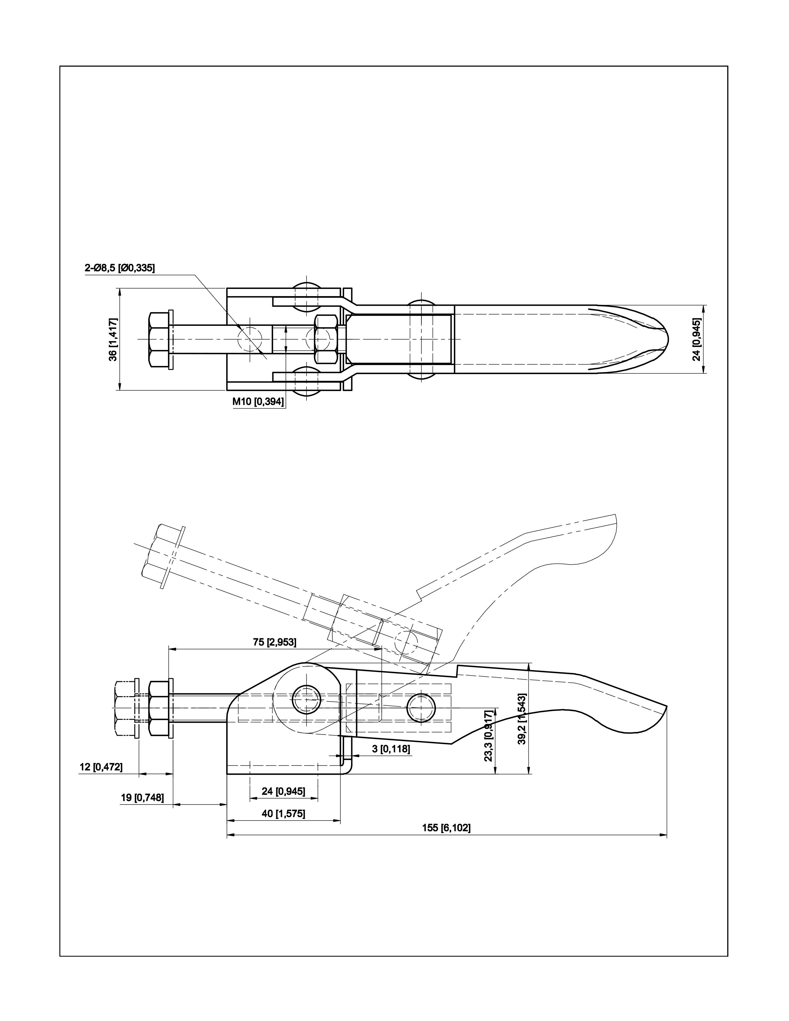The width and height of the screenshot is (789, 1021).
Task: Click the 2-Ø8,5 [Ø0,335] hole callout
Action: tap(120, 268)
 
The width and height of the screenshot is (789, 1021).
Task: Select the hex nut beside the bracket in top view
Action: tap(326, 339)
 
